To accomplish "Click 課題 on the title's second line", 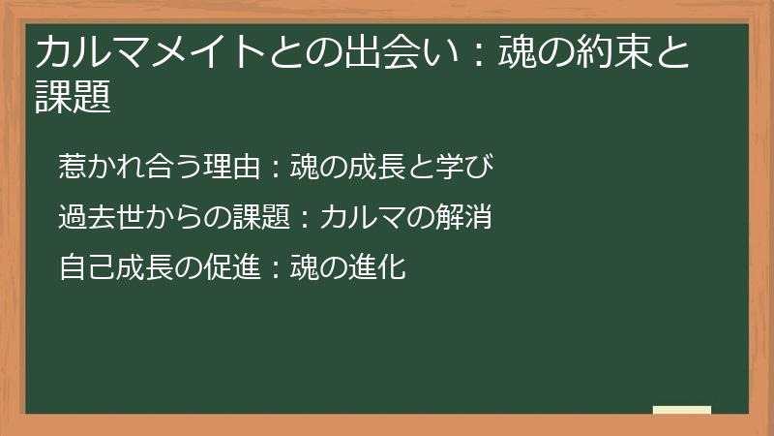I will (x=73, y=97).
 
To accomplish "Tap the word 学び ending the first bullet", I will (x=474, y=168).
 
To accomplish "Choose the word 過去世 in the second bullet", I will (x=96, y=218).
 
